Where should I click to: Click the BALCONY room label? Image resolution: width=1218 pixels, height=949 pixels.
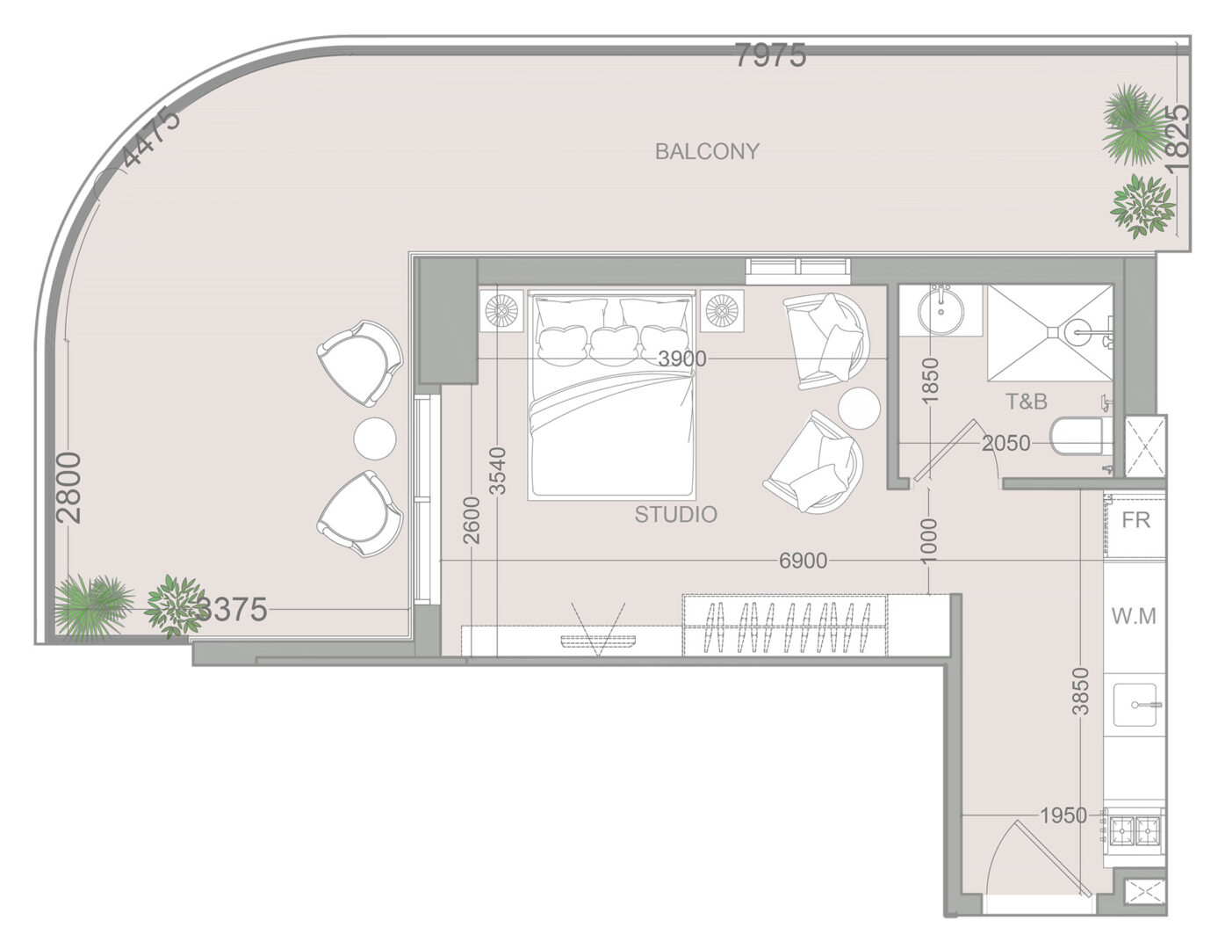(707, 151)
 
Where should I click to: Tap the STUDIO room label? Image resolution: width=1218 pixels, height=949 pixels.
(675, 514)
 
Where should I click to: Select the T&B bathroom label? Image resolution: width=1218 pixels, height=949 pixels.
(1026, 402)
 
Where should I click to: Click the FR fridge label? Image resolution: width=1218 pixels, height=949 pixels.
(1135, 520)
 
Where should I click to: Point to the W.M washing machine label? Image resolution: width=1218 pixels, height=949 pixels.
(1134, 616)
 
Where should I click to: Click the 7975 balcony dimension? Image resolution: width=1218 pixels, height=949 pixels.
(770, 55)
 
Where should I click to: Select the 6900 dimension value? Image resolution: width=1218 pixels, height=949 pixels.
(804, 561)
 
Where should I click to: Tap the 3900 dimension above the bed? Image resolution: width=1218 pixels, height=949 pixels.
(682, 359)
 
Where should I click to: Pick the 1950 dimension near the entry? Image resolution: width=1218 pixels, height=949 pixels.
(1063, 815)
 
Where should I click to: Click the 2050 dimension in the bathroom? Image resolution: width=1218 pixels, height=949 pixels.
(1006, 443)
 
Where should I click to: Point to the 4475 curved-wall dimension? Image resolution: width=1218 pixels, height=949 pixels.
(151, 137)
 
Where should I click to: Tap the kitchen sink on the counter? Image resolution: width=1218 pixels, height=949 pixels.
(1135, 705)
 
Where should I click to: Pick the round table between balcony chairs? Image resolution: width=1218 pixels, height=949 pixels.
(375, 438)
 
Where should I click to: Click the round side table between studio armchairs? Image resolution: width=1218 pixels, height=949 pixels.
(859, 408)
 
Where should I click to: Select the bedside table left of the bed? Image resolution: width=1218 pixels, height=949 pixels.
(501, 311)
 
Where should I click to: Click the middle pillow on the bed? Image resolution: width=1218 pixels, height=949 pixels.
(615, 345)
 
